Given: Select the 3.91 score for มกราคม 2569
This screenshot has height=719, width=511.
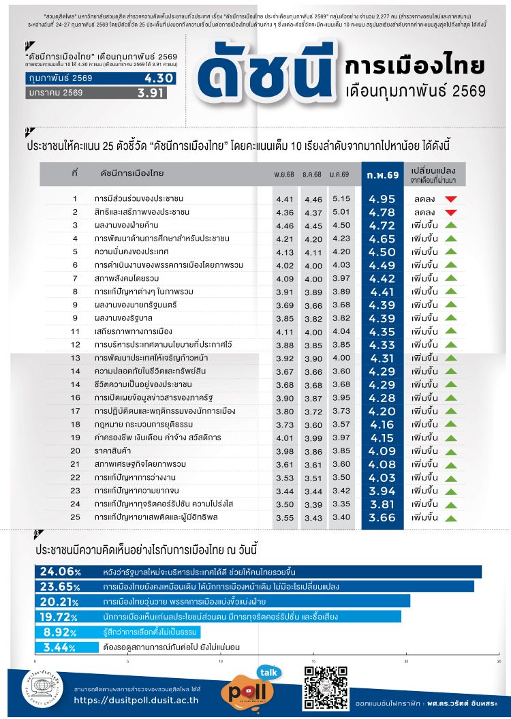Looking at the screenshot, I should [151, 93].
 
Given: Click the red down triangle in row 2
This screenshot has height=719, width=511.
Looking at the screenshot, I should [450, 213].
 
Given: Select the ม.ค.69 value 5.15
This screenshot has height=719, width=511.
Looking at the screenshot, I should [341, 199].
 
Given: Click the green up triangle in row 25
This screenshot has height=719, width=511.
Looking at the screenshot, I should [450, 517].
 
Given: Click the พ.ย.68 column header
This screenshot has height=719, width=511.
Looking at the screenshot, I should [285, 175].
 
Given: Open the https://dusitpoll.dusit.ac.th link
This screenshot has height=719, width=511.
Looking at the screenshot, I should [136, 699].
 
